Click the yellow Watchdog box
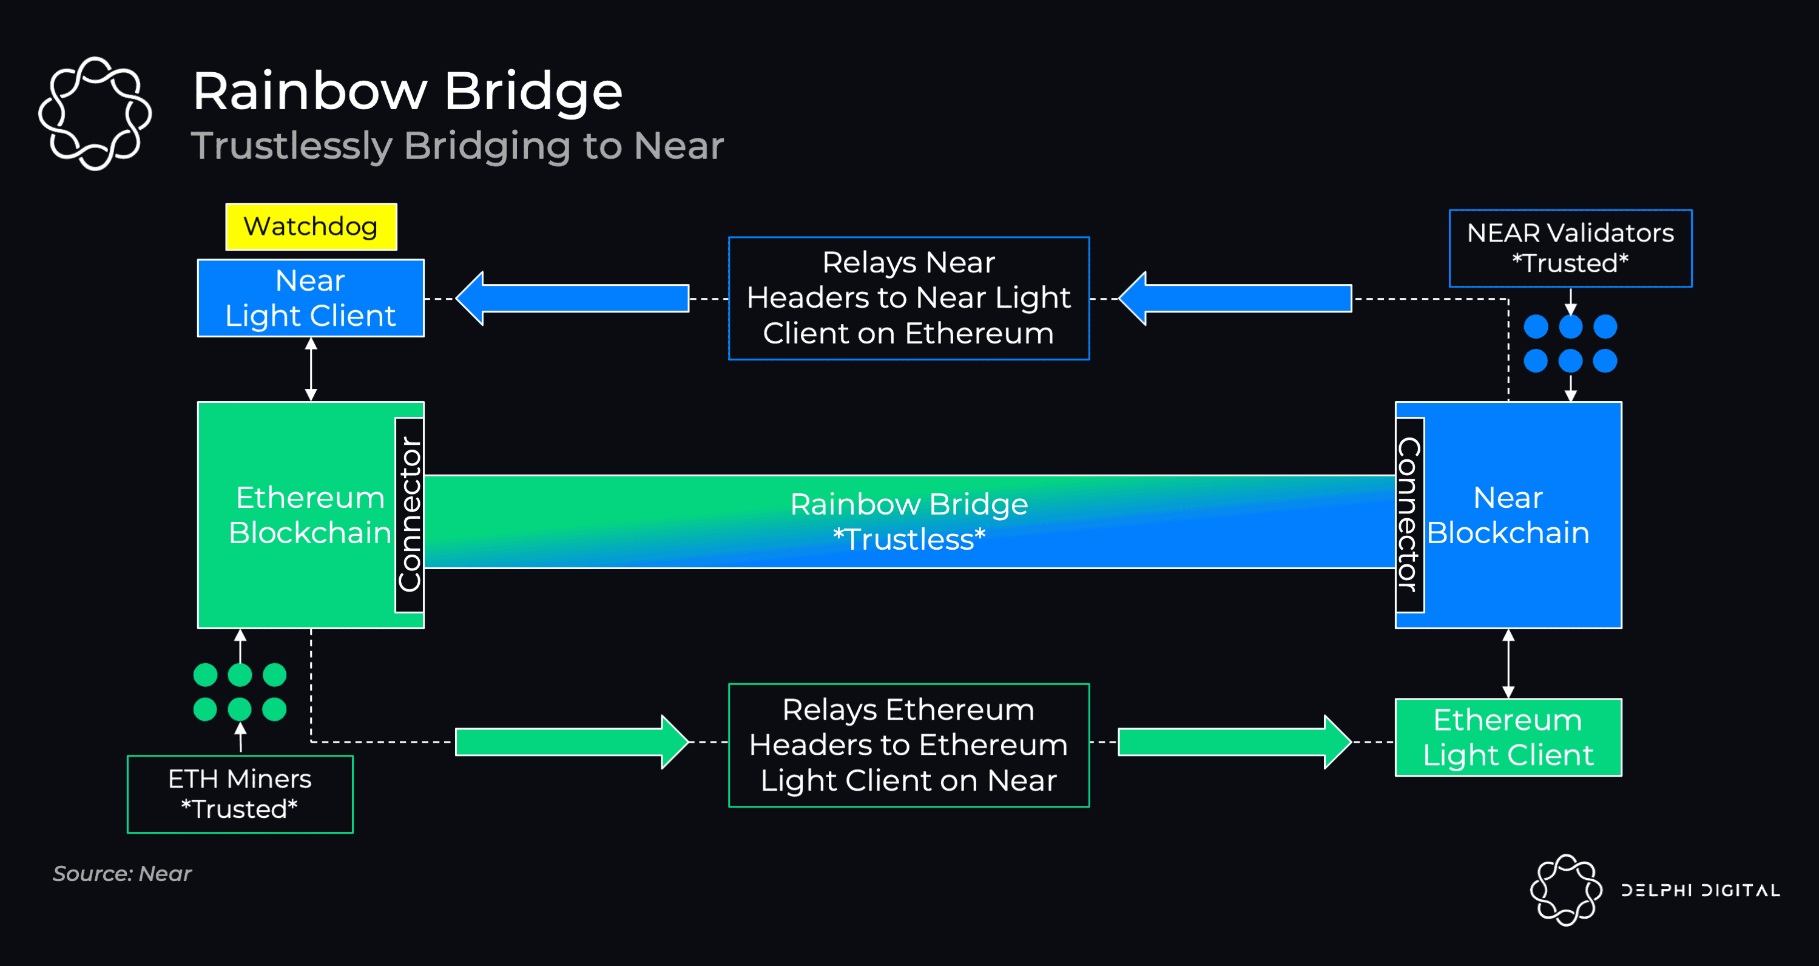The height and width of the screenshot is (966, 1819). pyautogui.click(x=311, y=227)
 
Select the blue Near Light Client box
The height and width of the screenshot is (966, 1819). pyautogui.click(x=311, y=298)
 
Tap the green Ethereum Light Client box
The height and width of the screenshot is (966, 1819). pyautogui.click(x=1508, y=737)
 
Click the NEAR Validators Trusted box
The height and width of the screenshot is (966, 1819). pyautogui.click(x=1570, y=248)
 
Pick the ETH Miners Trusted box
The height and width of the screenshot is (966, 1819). pyautogui.click(x=240, y=794)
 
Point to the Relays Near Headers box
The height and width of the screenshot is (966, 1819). pyautogui.click(x=908, y=298)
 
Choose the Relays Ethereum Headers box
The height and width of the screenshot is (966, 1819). pyautogui.click(x=908, y=745)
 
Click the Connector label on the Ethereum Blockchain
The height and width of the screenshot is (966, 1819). pyautogui.click(x=410, y=515)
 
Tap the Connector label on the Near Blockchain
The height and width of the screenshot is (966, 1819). pyautogui.click(x=1409, y=515)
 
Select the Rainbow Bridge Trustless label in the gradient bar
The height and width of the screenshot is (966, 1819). pyautogui.click(x=908, y=522)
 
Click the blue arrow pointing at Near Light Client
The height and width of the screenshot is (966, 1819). pyautogui.click(x=572, y=298)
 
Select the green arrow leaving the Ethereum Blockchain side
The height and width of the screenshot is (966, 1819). pyautogui.click(x=572, y=741)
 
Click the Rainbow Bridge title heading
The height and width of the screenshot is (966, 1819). pyautogui.click(x=408, y=91)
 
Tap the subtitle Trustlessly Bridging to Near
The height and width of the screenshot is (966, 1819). pyautogui.click(x=457, y=146)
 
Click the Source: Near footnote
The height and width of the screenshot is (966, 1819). pyautogui.click(x=122, y=874)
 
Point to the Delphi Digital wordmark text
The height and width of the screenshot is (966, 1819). pyautogui.click(x=1700, y=890)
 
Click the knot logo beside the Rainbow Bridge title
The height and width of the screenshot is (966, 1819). pyautogui.click(x=95, y=113)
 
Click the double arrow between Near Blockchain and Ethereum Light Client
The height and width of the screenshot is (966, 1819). pyautogui.click(x=1508, y=663)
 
